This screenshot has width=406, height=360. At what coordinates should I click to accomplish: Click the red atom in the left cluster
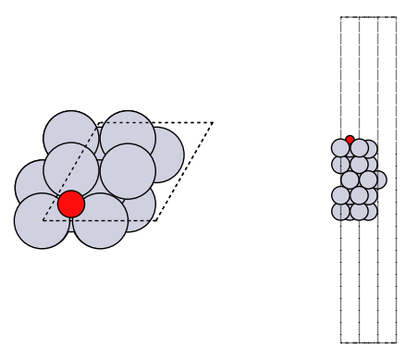71,204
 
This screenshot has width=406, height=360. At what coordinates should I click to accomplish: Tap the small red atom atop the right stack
350,140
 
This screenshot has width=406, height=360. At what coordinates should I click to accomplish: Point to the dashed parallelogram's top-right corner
213,122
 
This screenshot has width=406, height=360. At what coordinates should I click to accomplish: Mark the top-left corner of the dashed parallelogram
99,122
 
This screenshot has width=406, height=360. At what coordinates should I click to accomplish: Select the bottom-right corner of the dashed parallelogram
157,220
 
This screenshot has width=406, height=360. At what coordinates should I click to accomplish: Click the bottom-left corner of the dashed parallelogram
43,220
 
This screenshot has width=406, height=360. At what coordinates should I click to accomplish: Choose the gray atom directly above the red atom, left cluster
71,170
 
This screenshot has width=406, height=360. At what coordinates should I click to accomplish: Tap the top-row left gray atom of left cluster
71,138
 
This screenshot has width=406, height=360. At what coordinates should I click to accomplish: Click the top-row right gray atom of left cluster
128,138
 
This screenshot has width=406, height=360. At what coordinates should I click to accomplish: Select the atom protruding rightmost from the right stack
379,180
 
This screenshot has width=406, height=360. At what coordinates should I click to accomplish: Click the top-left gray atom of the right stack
340,148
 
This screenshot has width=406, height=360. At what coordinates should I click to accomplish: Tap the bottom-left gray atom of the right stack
340,211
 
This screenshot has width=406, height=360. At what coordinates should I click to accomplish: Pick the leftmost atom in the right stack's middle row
350,180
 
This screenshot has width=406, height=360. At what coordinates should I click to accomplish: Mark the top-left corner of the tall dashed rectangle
340,17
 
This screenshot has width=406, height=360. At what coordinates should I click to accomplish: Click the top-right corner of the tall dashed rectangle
397,17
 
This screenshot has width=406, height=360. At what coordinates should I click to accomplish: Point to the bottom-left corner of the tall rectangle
340,342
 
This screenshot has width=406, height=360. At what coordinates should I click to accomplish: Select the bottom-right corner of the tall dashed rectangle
397,342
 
